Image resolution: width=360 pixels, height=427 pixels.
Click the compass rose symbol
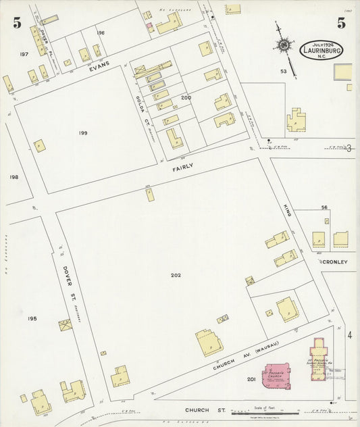(284, 46)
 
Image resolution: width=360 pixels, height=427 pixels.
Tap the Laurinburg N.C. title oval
(322, 49)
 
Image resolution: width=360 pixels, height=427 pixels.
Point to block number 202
(176, 275)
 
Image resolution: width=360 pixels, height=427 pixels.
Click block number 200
(186, 98)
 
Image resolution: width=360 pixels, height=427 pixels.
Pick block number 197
(24, 53)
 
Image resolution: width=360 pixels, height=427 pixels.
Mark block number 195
(32, 318)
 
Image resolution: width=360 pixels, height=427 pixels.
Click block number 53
(303, 71)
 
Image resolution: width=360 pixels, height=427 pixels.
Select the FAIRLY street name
(182, 176)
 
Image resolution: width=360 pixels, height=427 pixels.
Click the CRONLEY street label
(334, 261)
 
